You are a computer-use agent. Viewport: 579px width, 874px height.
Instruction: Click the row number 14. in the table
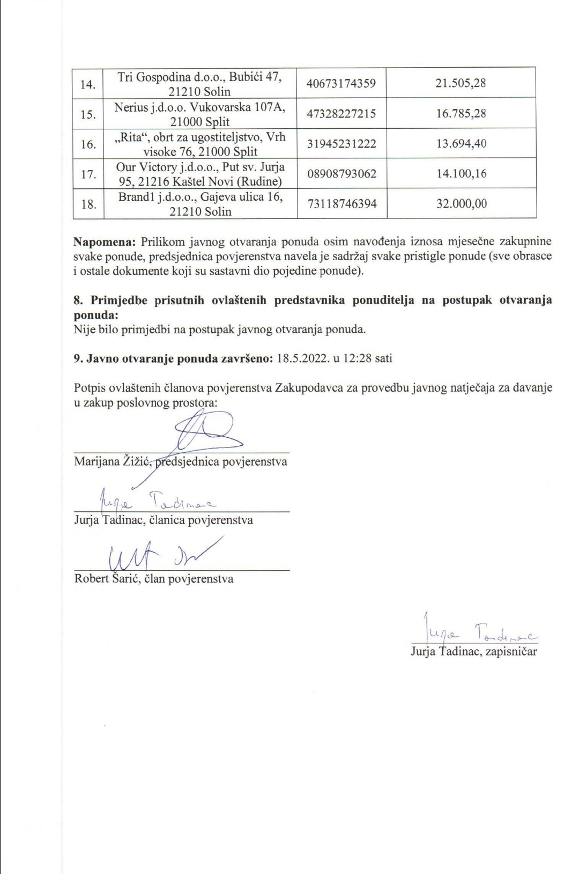[88, 84]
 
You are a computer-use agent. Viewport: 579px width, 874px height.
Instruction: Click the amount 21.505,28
[461, 83]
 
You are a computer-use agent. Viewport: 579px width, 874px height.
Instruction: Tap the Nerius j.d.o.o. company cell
[200, 114]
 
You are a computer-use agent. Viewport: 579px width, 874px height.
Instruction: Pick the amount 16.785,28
[461, 114]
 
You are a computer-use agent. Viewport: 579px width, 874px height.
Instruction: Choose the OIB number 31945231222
[342, 144]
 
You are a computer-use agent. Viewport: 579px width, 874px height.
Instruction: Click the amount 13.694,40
[461, 144]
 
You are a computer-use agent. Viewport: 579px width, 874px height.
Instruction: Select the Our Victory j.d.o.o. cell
[200, 174]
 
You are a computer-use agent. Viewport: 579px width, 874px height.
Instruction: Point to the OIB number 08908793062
[342, 174]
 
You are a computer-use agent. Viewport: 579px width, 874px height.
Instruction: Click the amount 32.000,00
[461, 204]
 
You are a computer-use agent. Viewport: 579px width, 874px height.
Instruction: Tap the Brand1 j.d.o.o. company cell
[200, 204]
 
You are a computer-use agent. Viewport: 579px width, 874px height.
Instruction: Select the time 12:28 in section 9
[358, 358]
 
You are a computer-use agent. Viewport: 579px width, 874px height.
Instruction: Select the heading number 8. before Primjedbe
[78, 300]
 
